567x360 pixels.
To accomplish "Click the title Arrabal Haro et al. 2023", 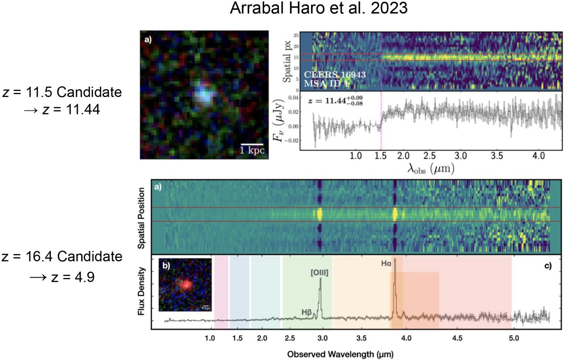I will coord(319,8).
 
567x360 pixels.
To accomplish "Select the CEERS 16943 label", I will coord(334,75).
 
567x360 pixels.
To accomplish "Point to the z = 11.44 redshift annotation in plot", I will coord(335,100).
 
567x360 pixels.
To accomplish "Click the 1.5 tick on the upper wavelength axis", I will coord(381,156).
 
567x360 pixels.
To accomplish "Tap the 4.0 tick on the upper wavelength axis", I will coord(539,156).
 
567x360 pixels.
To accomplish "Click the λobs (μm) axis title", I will coord(430,169).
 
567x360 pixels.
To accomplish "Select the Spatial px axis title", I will coord(287,61).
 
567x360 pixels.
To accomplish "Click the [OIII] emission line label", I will coord(319,273).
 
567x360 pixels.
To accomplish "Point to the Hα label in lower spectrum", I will coord(386,263).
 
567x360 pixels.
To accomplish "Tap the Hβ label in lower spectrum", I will coord(306,312).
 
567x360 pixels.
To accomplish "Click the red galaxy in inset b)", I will coord(186,284).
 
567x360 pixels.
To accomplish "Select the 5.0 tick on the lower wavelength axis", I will coord(513,338).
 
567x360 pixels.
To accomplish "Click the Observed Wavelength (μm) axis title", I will coord(340,354).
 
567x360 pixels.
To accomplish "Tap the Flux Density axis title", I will coord(141,291).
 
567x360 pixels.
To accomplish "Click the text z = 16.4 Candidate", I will coord(62,256).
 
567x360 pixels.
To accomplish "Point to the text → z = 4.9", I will coord(62,277).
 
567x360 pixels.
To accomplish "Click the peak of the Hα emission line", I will coord(395,259).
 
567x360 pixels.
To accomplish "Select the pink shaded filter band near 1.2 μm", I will coord(221,291).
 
